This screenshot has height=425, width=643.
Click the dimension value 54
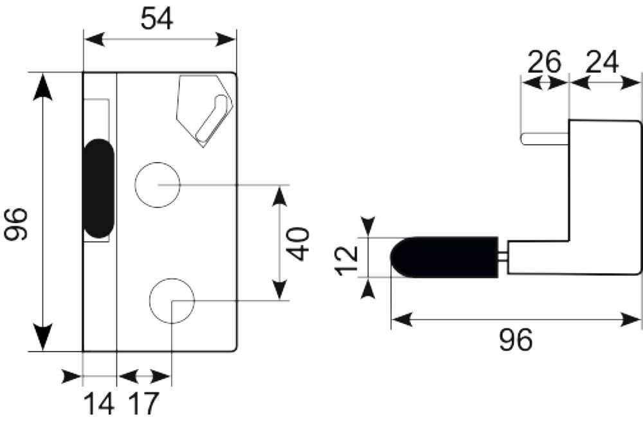[157, 19]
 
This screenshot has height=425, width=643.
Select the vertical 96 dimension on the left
[16, 224]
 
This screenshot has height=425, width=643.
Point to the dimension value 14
[100, 404]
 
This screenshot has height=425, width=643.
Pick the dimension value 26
[544, 62]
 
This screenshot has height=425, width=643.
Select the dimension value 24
[602, 62]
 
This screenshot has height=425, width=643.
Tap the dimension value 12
[347, 260]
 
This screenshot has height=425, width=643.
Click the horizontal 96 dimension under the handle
[516, 339]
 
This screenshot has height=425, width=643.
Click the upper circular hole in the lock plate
[158, 185]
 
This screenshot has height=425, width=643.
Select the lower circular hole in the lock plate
[172, 301]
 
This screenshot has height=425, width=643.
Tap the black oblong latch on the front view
[99, 188]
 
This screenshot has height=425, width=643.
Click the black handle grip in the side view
[444, 257]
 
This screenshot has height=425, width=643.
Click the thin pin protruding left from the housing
[545, 139]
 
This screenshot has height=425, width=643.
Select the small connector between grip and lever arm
[503, 257]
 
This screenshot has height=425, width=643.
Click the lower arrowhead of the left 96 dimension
[42, 338]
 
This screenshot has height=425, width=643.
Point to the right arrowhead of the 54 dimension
[225, 40]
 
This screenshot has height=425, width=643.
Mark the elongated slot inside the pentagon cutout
[212, 118]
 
